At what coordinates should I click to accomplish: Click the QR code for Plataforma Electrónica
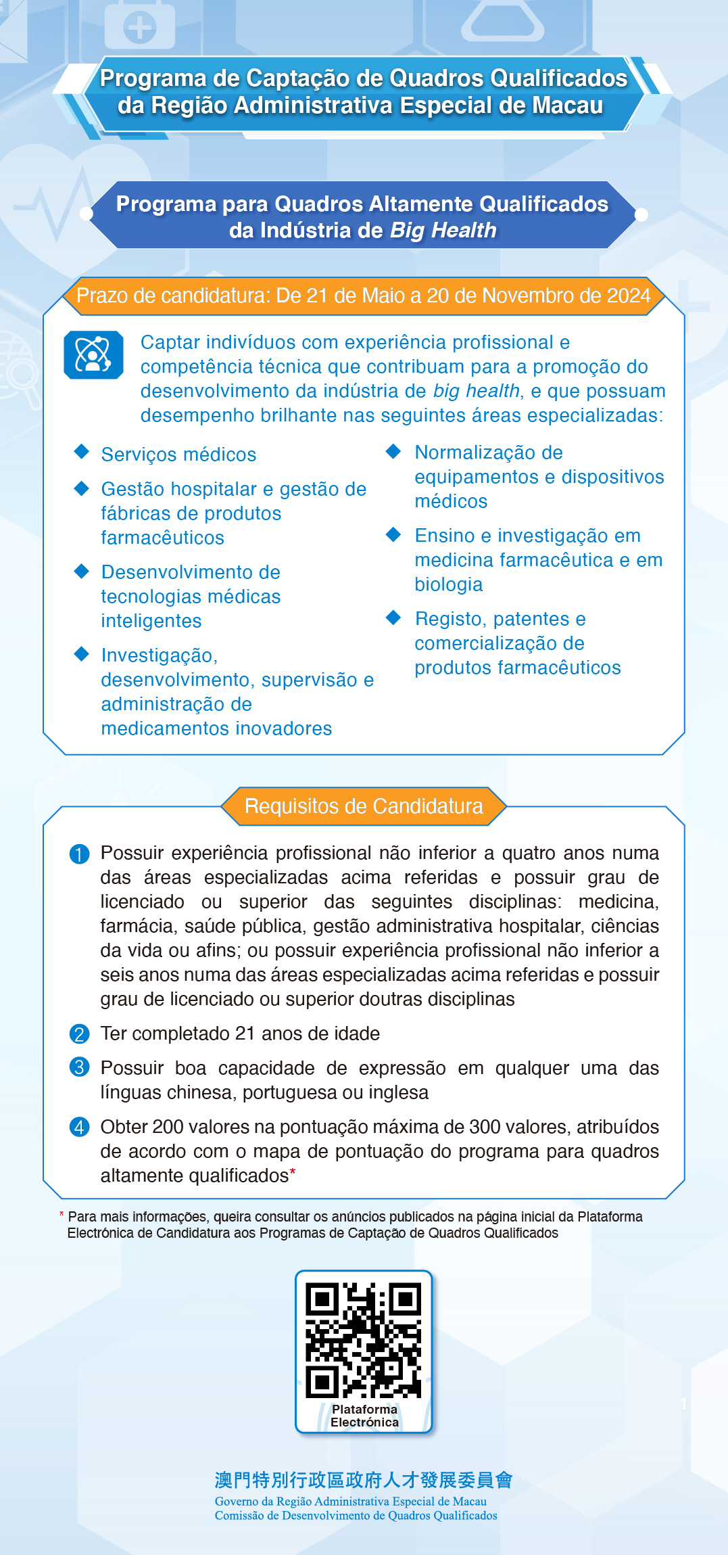(x=363, y=1340)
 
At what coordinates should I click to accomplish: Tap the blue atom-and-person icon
(x=93, y=354)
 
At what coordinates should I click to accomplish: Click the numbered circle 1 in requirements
(x=79, y=854)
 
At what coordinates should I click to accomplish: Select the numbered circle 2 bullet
(x=79, y=1034)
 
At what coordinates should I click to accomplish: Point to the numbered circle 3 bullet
(x=79, y=1067)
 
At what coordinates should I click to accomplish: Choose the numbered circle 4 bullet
(x=79, y=1128)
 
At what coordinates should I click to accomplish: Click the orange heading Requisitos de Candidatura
(x=364, y=806)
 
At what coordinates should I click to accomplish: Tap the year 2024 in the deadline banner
(x=629, y=296)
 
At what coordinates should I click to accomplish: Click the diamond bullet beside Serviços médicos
(x=82, y=452)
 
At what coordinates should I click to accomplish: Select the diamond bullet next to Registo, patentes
(x=393, y=617)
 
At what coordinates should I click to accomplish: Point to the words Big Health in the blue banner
(x=443, y=231)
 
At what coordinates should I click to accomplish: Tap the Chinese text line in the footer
(x=363, y=1480)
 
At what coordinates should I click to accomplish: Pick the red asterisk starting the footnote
(x=62, y=1215)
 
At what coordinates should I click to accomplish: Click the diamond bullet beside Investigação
(x=82, y=653)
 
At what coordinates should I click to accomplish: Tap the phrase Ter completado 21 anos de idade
(x=240, y=1034)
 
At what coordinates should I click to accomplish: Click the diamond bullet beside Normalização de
(x=393, y=451)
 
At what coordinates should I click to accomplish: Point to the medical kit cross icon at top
(x=141, y=28)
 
